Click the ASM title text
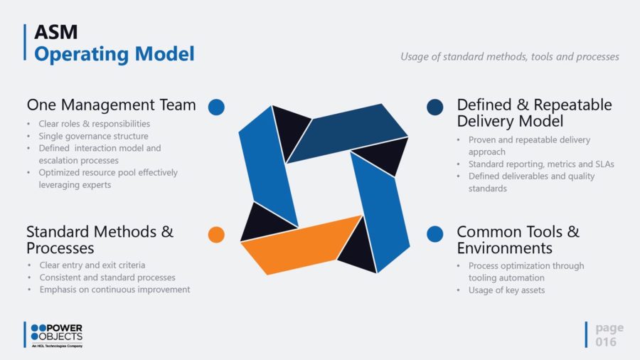[x=56, y=32]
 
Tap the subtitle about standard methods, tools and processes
[x=509, y=56]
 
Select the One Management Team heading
[x=112, y=105]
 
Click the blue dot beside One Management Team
[x=216, y=107]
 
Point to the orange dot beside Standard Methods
[x=216, y=235]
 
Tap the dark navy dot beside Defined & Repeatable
[x=435, y=107]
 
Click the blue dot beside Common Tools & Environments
[x=435, y=234]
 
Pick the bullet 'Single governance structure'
[x=93, y=136]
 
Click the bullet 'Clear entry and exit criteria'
[x=92, y=265]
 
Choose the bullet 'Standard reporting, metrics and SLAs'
[x=541, y=164]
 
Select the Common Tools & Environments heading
[x=518, y=240]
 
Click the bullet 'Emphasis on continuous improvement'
[x=114, y=290]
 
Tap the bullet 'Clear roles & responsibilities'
[x=95, y=124]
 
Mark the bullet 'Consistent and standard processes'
[x=107, y=277]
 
